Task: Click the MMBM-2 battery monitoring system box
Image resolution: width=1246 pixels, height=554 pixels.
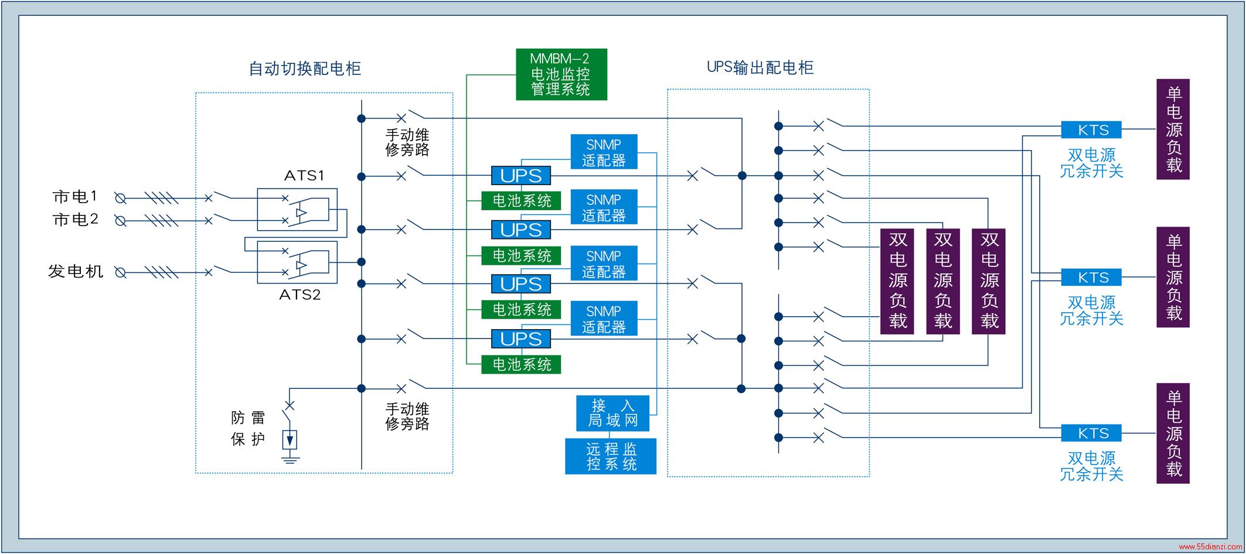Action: coord(561,74)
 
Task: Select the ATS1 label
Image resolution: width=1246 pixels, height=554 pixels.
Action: coord(304,176)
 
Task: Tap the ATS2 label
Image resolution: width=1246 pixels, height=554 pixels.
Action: coord(300,295)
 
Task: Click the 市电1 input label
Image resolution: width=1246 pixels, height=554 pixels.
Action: coord(76,197)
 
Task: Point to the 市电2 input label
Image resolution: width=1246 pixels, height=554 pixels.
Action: coord(76,220)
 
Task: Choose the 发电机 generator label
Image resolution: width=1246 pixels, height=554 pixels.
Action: coord(76,271)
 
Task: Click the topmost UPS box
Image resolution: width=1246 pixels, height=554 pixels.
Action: coord(521,176)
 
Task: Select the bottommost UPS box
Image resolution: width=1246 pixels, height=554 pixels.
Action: coord(521,339)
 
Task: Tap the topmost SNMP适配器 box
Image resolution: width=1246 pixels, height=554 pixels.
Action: coord(604,152)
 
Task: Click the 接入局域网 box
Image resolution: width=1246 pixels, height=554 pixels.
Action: coord(612,413)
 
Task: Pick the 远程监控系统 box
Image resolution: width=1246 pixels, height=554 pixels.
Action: coord(611,456)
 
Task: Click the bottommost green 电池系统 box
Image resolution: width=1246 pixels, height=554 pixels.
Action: coord(521,364)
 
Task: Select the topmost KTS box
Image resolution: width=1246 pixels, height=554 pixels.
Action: coord(1091,129)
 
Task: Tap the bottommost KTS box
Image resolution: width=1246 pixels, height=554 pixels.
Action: coord(1091,433)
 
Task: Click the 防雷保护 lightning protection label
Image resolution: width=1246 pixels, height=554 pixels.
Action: coord(248,428)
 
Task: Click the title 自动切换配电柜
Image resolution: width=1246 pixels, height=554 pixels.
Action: coord(305,69)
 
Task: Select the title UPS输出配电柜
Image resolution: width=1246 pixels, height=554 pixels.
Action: coord(760,67)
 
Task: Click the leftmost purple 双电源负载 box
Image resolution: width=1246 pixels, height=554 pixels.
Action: coord(897,281)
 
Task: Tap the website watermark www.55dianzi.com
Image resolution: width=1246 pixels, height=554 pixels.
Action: coord(1210,546)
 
